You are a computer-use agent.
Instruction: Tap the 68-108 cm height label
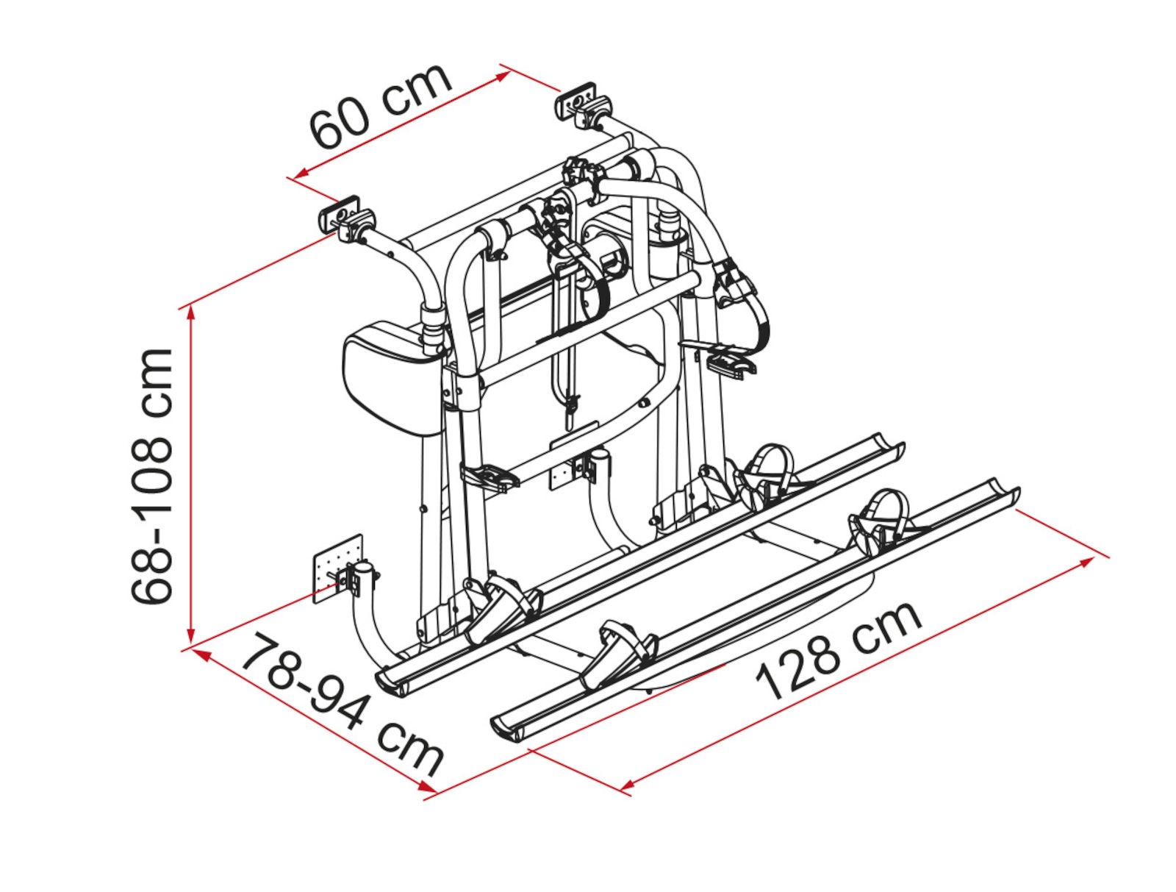point(151,476)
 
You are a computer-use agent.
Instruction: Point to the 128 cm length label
point(839,651)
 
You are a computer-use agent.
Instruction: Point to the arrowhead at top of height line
point(189,316)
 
